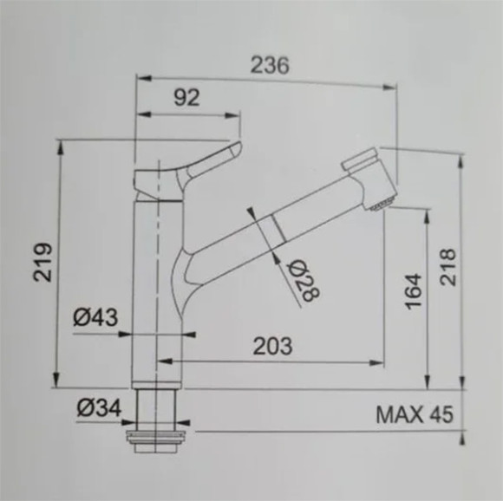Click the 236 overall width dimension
(x=269, y=64)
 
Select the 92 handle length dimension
(x=186, y=97)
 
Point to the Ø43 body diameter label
(x=95, y=317)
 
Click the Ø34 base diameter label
(x=97, y=406)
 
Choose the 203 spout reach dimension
(x=272, y=345)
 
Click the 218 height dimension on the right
(x=447, y=268)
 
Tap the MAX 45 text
(x=415, y=414)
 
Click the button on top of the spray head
(x=360, y=160)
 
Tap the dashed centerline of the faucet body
(x=160, y=260)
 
